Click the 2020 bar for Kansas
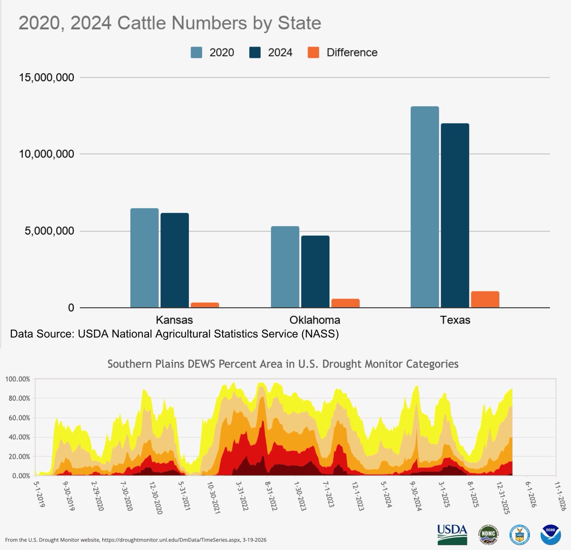(x=144, y=258)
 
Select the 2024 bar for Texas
(x=455, y=216)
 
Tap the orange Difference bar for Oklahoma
(x=345, y=303)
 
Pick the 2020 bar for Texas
(x=424, y=207)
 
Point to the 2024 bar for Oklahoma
(x=315, y=272)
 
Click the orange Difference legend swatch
(x=314, y=52)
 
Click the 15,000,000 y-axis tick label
(x=47, y=77)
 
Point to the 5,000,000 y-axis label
(x=47, y=231)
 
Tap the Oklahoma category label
(x=315, y=320)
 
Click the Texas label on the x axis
(x=455, y=320)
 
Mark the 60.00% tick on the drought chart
(x=18, y=418)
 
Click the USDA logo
(x=452, y=534)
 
